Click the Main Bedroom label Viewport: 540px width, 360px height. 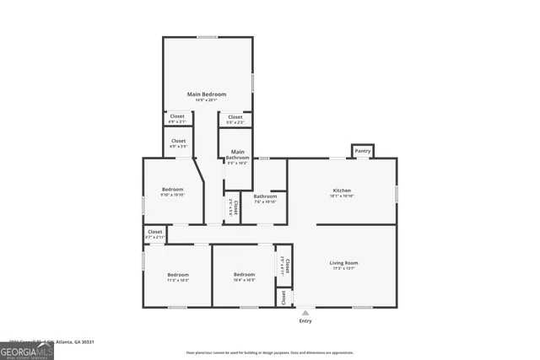(207, 94)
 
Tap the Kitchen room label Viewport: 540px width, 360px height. (342, 191)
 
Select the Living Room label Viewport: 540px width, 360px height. (343, 263)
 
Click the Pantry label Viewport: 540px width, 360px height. (363, 151)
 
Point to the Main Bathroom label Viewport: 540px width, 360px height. (237, 154)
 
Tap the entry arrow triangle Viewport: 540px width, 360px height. (305, 313)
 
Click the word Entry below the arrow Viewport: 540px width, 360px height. (305, 321)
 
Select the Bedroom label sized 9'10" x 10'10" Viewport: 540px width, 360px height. (172, 190)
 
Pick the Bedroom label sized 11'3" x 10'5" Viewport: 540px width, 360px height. (177, 275)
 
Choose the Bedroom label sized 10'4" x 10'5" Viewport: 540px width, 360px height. (244, 275)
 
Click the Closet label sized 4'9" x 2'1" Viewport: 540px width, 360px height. (177, 117)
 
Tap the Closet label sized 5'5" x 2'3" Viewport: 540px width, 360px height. (235, 117)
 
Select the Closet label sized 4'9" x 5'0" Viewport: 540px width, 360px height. (178, 141)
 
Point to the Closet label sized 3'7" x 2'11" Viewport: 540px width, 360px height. (155, 232)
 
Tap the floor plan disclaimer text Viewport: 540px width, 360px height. (269, 352)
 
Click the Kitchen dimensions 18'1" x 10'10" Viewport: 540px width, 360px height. (342, 196)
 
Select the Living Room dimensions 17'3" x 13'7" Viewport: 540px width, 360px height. (343, 269)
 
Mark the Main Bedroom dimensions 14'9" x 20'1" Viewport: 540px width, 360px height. (207, 100)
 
